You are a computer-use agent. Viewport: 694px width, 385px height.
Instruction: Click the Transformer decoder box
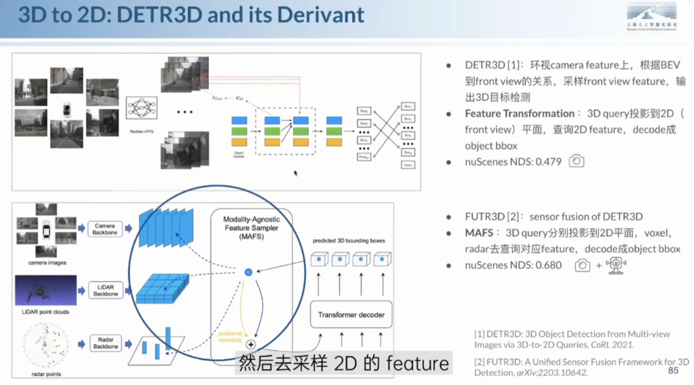(x=351, y=315)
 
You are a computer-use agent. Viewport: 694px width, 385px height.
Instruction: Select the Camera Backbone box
(x=105, y=229)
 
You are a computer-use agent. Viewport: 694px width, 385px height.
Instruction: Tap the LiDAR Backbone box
(x=106, y=290)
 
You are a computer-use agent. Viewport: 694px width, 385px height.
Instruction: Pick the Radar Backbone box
(x=106, y=343)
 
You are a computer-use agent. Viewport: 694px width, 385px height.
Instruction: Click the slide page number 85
(x=673, y=370)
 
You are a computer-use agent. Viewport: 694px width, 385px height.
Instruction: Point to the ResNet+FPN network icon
(x=141, y=108)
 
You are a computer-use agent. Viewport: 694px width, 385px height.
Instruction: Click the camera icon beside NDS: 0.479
(x=576, y=162)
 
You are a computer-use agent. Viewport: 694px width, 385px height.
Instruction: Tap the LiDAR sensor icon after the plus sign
(x=616, y=265)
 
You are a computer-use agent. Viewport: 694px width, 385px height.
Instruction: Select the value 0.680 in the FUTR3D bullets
(x=548, y=265)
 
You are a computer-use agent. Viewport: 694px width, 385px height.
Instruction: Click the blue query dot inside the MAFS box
(x=248, y=272)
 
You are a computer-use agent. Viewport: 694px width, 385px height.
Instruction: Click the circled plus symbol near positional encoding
(x=251, y=345)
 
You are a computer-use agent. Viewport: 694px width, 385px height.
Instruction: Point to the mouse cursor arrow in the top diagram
(x=296, y=173)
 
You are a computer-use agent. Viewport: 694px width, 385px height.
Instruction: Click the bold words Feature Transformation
(x=519, y=114)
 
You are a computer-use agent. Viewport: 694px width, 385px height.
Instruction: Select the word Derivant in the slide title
(x=321, y=15)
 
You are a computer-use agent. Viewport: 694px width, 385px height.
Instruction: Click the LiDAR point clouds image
(x=46, y=290)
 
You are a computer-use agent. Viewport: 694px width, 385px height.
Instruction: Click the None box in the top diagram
(x=408, y=165)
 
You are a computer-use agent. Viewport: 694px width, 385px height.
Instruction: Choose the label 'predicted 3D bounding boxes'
(x=349, y=241)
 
